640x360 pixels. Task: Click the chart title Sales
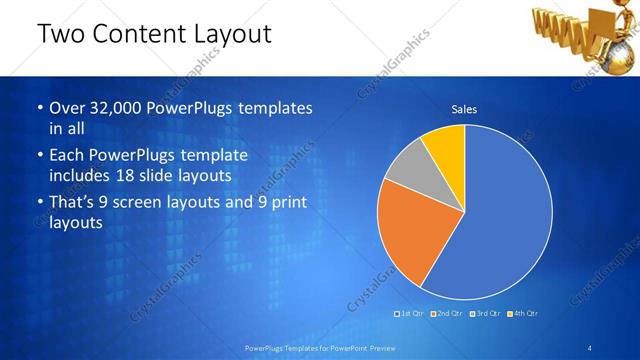pyautogui.click(x=464, y=108)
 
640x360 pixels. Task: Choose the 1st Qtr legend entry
pyautogui.click(x=411, y=314)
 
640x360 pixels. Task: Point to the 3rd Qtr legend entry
pyautogui.click(x=486, y=314)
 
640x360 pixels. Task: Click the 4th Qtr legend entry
pyautogui.click(x=524, y=314)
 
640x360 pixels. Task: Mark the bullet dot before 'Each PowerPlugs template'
pyautogui.click(x=39, y=157)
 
